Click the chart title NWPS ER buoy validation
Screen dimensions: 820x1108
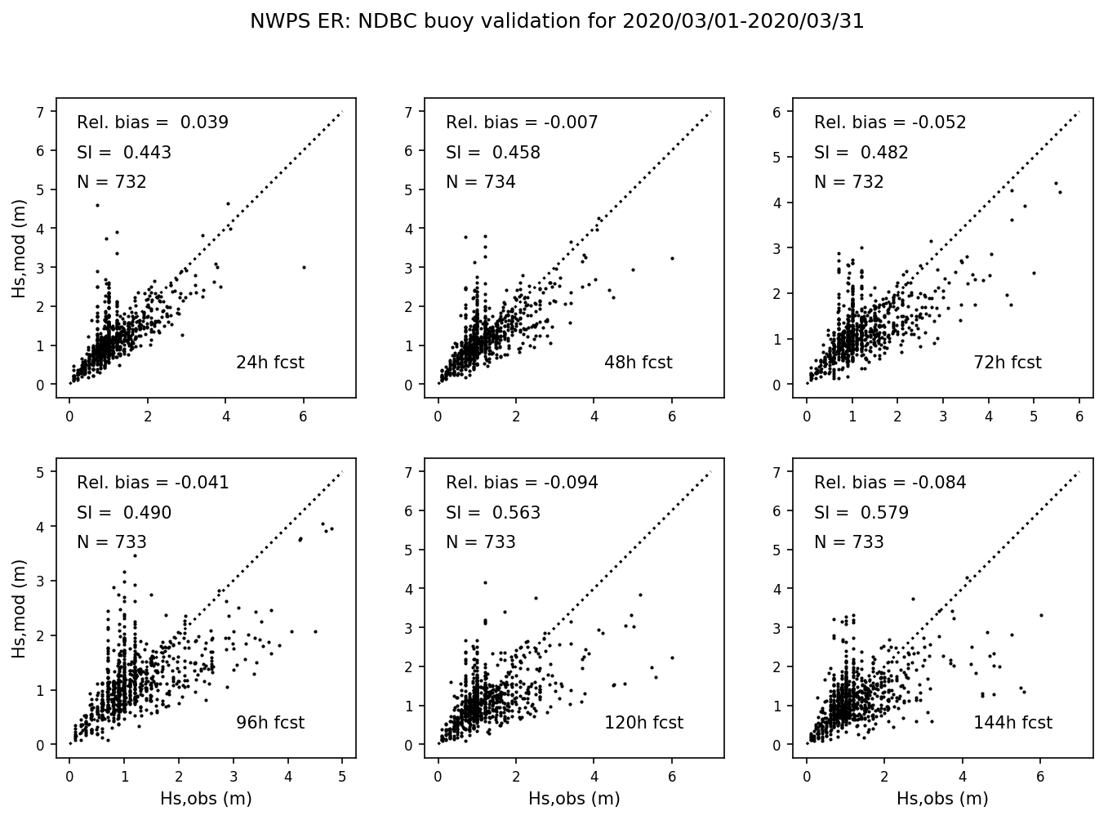pos(557,22)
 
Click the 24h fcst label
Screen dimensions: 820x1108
pos(269,363)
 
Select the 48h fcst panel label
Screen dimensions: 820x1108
pos(638,363)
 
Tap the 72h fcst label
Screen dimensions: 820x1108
pos(1007,363)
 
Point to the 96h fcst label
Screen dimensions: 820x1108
pos(269,723)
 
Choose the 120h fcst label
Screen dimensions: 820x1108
pos(643,723)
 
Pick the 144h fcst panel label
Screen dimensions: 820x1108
pos(1012,723)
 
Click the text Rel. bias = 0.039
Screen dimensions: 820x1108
pos(153,123)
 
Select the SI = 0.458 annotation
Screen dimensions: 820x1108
pos(492,153)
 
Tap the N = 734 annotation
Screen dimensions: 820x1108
pos(480,182)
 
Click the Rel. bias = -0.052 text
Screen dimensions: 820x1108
pos(890,123)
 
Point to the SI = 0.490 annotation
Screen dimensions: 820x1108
pos(124,513)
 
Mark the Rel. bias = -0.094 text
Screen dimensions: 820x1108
pos(522,483)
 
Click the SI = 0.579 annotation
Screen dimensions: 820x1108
pos(861,513)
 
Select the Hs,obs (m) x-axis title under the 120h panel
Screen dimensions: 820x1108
pos(574,799)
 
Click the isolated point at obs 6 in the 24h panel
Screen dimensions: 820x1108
pos(304,267)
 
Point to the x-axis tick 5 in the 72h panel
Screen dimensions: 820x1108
pos(1034,417)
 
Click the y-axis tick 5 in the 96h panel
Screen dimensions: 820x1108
pos(41,471)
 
